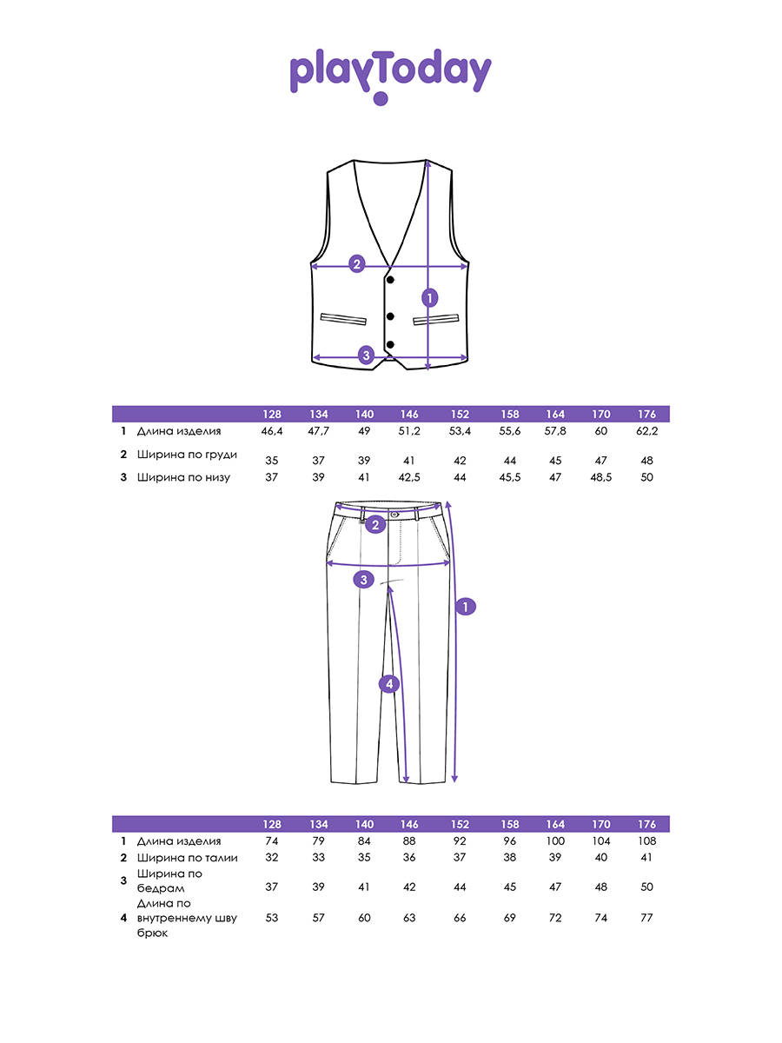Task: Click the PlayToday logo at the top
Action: (390, 76)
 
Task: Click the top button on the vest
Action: (390, 280)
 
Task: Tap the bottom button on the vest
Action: (390, 344)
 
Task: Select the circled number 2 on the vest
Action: (356, 263)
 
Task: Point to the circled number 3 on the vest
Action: (366, 355)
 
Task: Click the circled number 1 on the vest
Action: (430, 298)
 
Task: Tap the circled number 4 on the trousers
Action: (389, 684)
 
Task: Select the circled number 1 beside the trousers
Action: (466, 607)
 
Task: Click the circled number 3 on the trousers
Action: (364, 579)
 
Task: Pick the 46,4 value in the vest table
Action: (272, 431)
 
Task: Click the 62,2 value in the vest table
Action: (646, 431)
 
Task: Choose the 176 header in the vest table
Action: (646, 415)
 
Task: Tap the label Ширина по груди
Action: (187, 455)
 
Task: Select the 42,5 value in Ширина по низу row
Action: (409, 477)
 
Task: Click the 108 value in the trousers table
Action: (646, 841)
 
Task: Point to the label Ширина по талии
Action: (187, 858)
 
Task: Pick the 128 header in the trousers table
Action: (272, 825)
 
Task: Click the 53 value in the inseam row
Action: (272, 918)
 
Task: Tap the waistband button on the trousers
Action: (394, 515)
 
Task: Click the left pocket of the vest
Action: (343, 319)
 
